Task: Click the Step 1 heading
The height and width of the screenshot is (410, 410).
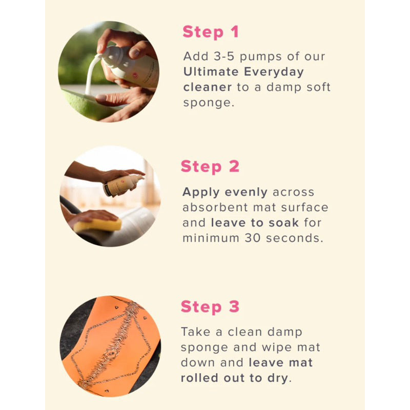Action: pyautogui.click(x=211, y=32)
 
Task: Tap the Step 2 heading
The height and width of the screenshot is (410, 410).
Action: pyautogui.click(x=210, y=167)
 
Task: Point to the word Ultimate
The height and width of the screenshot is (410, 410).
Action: pyautogui.click(x=210, y=71)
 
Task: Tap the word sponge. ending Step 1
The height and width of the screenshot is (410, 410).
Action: pyautogui.click(x=207, y=102)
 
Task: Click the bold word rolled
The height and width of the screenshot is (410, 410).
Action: pyautogui.click(x=202, y=378)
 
